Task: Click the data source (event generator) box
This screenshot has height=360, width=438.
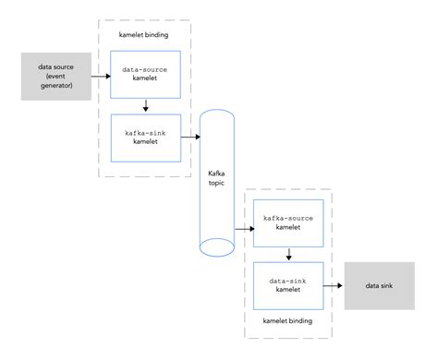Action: pos(53,77)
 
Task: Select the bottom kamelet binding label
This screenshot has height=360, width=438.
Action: pos(288,321)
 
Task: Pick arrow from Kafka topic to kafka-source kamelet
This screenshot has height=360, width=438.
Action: pos(241,224)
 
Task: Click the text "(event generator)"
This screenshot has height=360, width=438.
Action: pos(53,82)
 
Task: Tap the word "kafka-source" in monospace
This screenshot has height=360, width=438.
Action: pos(288,219)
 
